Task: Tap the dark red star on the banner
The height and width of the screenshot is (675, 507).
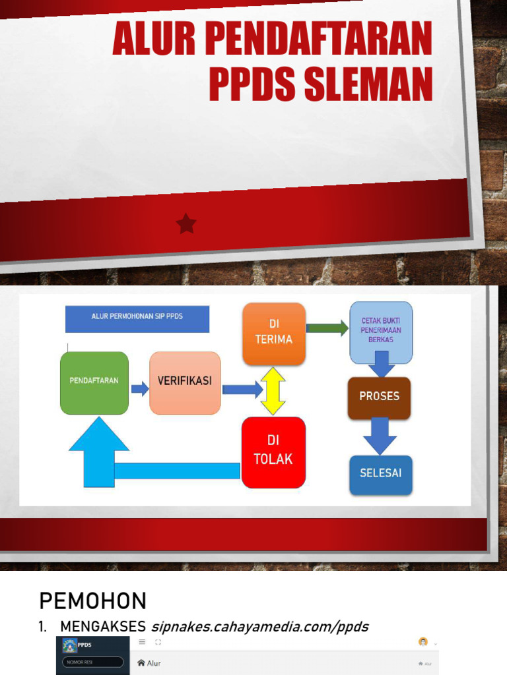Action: click(x=186, y=224)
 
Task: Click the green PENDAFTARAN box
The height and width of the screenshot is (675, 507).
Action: click(x=94, y=382)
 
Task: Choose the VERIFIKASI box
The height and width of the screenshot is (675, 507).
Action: click(x=185, y=382)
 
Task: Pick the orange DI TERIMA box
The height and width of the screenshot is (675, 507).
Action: click(x=274, y=333)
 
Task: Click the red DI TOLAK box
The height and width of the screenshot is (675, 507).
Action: click(x=273, y=452)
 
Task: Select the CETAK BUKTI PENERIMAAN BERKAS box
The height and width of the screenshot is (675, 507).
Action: click(x=381, y=331)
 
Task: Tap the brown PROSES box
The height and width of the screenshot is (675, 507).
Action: click(x=380, y=397)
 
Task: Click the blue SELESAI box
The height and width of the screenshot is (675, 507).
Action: click(x=381, y=474)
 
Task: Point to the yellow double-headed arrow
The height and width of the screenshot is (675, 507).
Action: click(x=273, y=391)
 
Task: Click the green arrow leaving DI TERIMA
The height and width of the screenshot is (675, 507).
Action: click(x=327, y=328)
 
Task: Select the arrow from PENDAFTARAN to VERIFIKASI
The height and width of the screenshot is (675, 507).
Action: click(x=140, y=388)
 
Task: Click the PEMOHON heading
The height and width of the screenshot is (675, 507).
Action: click(x=92, y=601)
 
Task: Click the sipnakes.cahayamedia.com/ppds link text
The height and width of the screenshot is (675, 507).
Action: click(x=259, y=626)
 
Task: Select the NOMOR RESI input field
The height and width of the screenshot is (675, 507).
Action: click(x=93, y=662)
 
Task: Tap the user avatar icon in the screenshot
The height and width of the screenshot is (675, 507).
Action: click(x=423, y=642)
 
